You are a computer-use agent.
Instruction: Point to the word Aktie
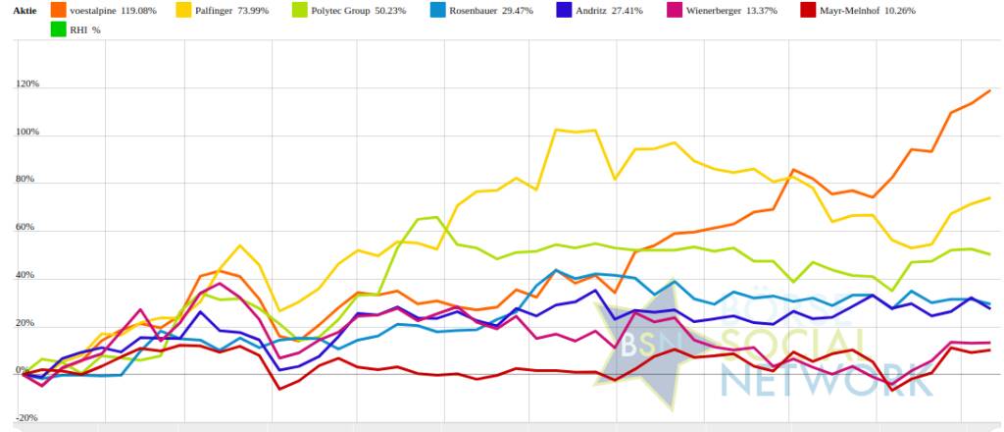tap(25, 11)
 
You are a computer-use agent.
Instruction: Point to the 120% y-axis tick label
tap(26, 85)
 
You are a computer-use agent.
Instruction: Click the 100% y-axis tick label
tap(26, 133)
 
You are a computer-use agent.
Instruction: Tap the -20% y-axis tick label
tap(26, 418)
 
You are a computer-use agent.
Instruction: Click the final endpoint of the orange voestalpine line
tap(989, 91)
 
